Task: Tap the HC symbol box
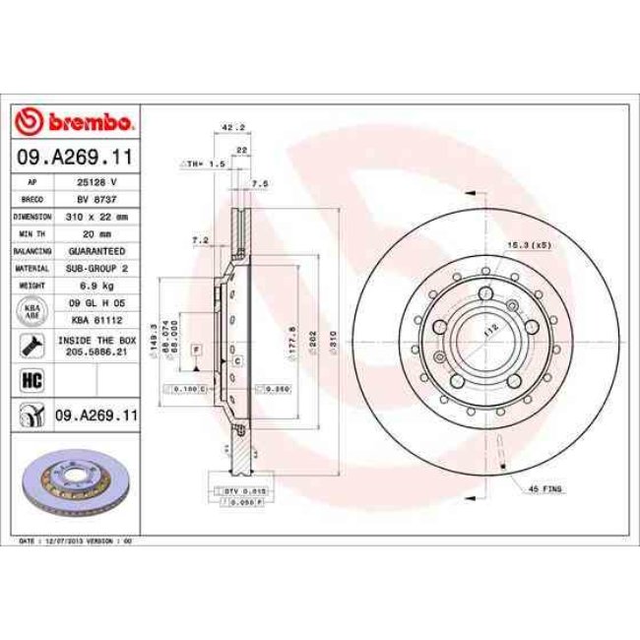click(x=30, y=378)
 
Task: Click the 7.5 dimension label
click(x=260, y=184)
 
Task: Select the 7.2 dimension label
click(x=200, y=239)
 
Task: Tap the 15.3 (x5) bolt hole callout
click(x=527, y=244)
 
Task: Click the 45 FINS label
click(x=546, y=488)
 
